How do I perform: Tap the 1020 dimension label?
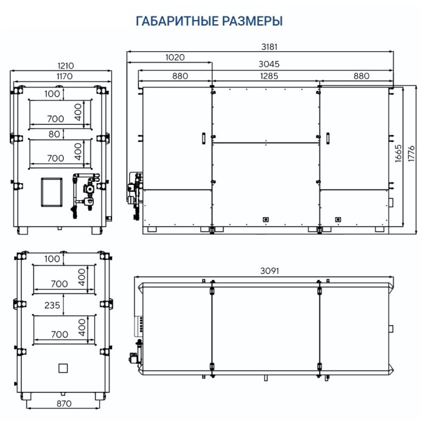(x=174, y=57)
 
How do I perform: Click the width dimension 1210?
(x=66, y=66)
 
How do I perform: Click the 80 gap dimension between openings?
(x=55, y=134)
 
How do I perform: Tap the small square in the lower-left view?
(x=62, y=368)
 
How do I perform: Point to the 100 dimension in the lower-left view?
(x=52, y=259)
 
